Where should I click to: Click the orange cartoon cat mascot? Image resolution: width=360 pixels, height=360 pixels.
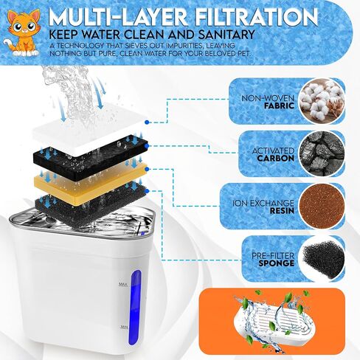(x=21, y=32)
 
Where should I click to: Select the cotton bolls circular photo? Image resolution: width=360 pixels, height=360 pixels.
(x=322, y=101)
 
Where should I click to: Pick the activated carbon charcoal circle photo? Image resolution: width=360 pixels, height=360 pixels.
(x=322, y=153)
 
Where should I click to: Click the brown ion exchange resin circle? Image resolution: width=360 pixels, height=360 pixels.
(x=322, y=206)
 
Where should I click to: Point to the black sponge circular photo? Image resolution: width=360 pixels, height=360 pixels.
(x=322, y=259)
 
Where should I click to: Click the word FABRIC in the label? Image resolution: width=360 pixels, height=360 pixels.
(x=279, y=106)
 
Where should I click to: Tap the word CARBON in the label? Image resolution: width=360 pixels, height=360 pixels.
(x=275, y=159)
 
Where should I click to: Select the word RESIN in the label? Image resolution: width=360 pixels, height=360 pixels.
(x=282, y=211)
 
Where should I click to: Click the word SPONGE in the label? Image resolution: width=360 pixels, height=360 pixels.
(x=276, y=263)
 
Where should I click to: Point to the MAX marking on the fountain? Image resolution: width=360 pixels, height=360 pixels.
(x=123, y=284)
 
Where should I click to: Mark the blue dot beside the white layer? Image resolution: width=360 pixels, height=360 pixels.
(x=147, y=122)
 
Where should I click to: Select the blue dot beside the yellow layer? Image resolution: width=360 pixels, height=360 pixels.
(x=148, y=169)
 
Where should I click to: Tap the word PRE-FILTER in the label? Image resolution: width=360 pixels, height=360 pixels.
(x=273, y=256)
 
